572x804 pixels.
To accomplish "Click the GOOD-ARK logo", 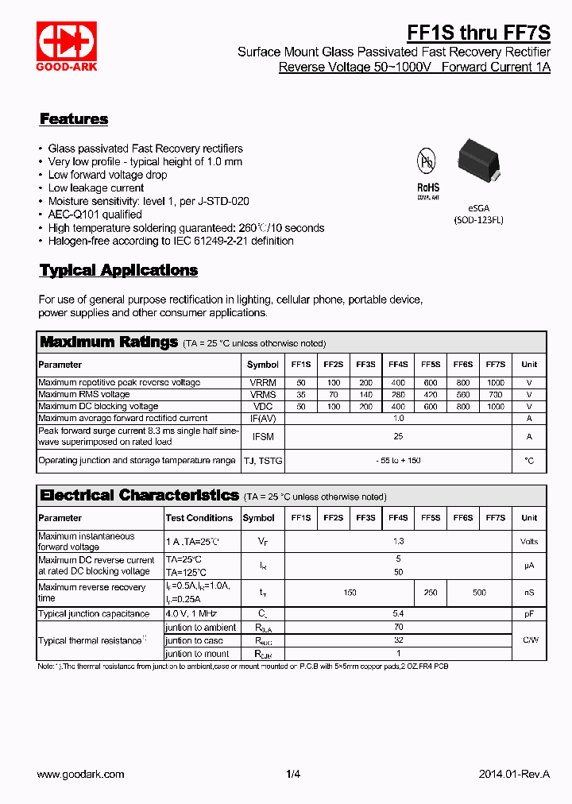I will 67,47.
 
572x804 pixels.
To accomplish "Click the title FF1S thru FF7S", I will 478,32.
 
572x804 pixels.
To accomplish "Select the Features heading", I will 74,119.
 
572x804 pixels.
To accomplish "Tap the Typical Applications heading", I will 118,270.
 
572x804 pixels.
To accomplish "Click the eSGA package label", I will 478,208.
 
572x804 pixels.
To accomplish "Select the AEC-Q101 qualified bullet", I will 95,215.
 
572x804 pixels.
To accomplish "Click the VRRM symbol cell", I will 263,382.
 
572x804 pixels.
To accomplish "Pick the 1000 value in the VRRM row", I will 495,382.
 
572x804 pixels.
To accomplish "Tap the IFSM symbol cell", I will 263,436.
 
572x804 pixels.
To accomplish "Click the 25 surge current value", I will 398,436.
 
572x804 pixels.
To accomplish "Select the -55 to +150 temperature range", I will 398,460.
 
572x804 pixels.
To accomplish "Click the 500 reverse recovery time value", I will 479,593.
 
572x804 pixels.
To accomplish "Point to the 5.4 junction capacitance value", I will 398,614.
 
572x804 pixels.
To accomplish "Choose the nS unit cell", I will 529,593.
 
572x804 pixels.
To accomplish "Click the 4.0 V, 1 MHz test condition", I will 191,614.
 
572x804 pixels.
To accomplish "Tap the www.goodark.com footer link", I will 81,774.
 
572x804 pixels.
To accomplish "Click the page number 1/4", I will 293,774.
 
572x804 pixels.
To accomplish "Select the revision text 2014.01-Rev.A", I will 514,774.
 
